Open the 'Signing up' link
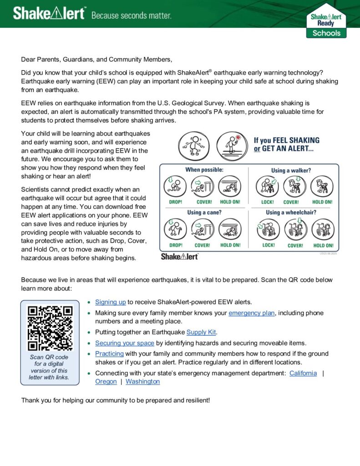coord(110,302)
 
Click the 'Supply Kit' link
coord(202,332)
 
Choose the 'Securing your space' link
coord(124,343)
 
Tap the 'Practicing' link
coord(109,354)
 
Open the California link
coord(303,373)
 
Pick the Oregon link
coord(106,381)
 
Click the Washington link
coord(142,381)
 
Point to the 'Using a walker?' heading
coord(291,171)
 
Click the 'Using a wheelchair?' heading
coord(291,213)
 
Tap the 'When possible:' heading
coord(204,170)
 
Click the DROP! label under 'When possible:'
coord(176,202)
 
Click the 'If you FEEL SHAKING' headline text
coord(286,140)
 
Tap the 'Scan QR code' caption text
coord(49,357)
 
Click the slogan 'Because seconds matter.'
coord(132,15)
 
